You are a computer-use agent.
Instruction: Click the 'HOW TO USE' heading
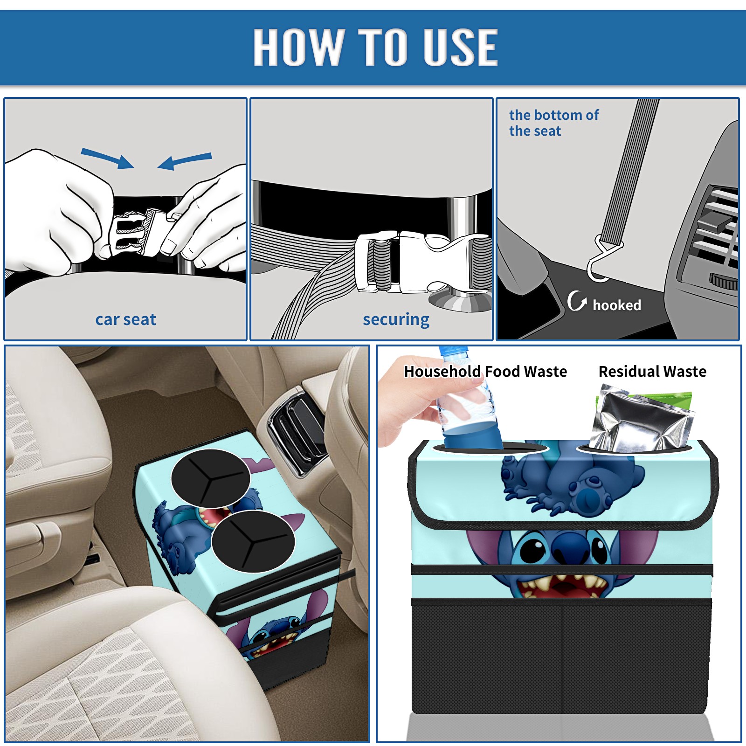[x=375, y=47]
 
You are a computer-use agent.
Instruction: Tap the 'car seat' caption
[x=125, y=319]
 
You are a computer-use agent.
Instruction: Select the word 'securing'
[x=396, y=320]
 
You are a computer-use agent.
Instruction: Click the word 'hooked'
[x=617, y=305]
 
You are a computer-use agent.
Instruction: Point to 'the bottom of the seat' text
[x=553, y=123]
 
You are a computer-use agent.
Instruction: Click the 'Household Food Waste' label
[x=485, y=371]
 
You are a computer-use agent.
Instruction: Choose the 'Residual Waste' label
[x=652, y=371]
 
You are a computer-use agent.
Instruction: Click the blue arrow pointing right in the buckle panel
[x=107, y=158]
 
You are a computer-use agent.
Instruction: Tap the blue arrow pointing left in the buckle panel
[x=185, y=161]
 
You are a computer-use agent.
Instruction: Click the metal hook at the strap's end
[x=602, y=260]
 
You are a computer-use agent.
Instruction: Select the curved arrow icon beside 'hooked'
[x=577, y=301]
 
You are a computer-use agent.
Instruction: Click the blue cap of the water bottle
[x=453, y=351]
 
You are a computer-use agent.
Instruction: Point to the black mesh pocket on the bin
[x=561, y=657]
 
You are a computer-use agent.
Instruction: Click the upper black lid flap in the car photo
[x=210, y=478]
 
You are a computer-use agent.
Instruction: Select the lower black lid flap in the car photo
[x=253, y=541]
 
